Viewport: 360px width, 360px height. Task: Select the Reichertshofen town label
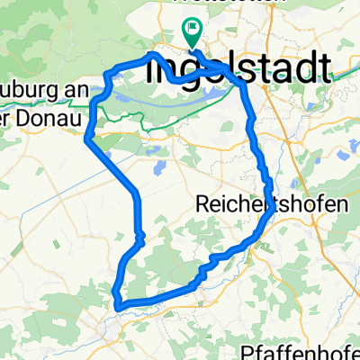tap(270, 205)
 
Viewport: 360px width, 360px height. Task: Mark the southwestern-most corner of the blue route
tap(117, 304)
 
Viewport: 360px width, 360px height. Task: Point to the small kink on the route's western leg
tap(140, 237)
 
